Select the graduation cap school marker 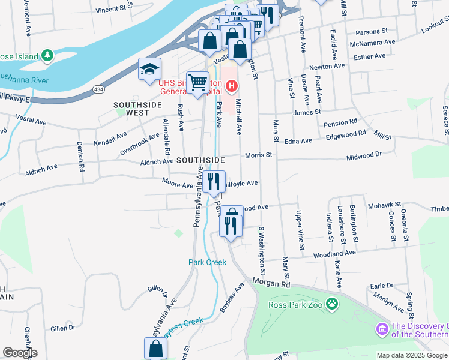click(x=149, y=70)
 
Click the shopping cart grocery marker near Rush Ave click(x=197, y=83)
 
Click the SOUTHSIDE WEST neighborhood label click(x=131, y=109)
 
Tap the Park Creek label click(x=207, y=262)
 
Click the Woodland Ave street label click(x=334, y=254)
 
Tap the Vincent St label click(x=113, y=9)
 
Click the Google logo click(x=19, y=353)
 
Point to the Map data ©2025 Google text click(x=411, y=355)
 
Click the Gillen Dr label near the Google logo click(x=63, y=328)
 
